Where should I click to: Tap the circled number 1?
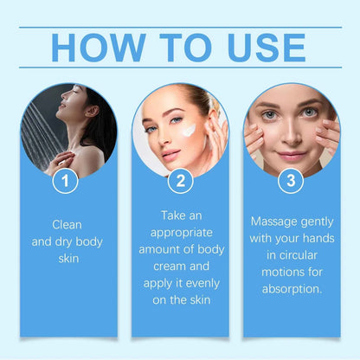coord(66,182)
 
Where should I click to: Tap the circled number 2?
coord(180,182)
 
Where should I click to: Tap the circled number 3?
coord(291,182)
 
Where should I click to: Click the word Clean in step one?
coord(66,223)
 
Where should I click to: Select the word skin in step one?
coord(66,258)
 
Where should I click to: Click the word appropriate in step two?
coord(180,232)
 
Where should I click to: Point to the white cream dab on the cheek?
coord(189,130)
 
